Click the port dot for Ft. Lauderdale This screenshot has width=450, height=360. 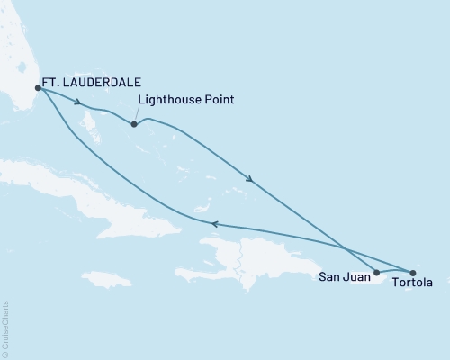click(x=38, y=87)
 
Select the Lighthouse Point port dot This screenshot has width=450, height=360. click(x=134, y=124)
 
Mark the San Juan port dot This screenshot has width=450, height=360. click(x=376, y=271)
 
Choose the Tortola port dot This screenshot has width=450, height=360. click(x=413, y=272)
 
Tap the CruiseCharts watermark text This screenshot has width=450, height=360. click(x=6, y=329)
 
